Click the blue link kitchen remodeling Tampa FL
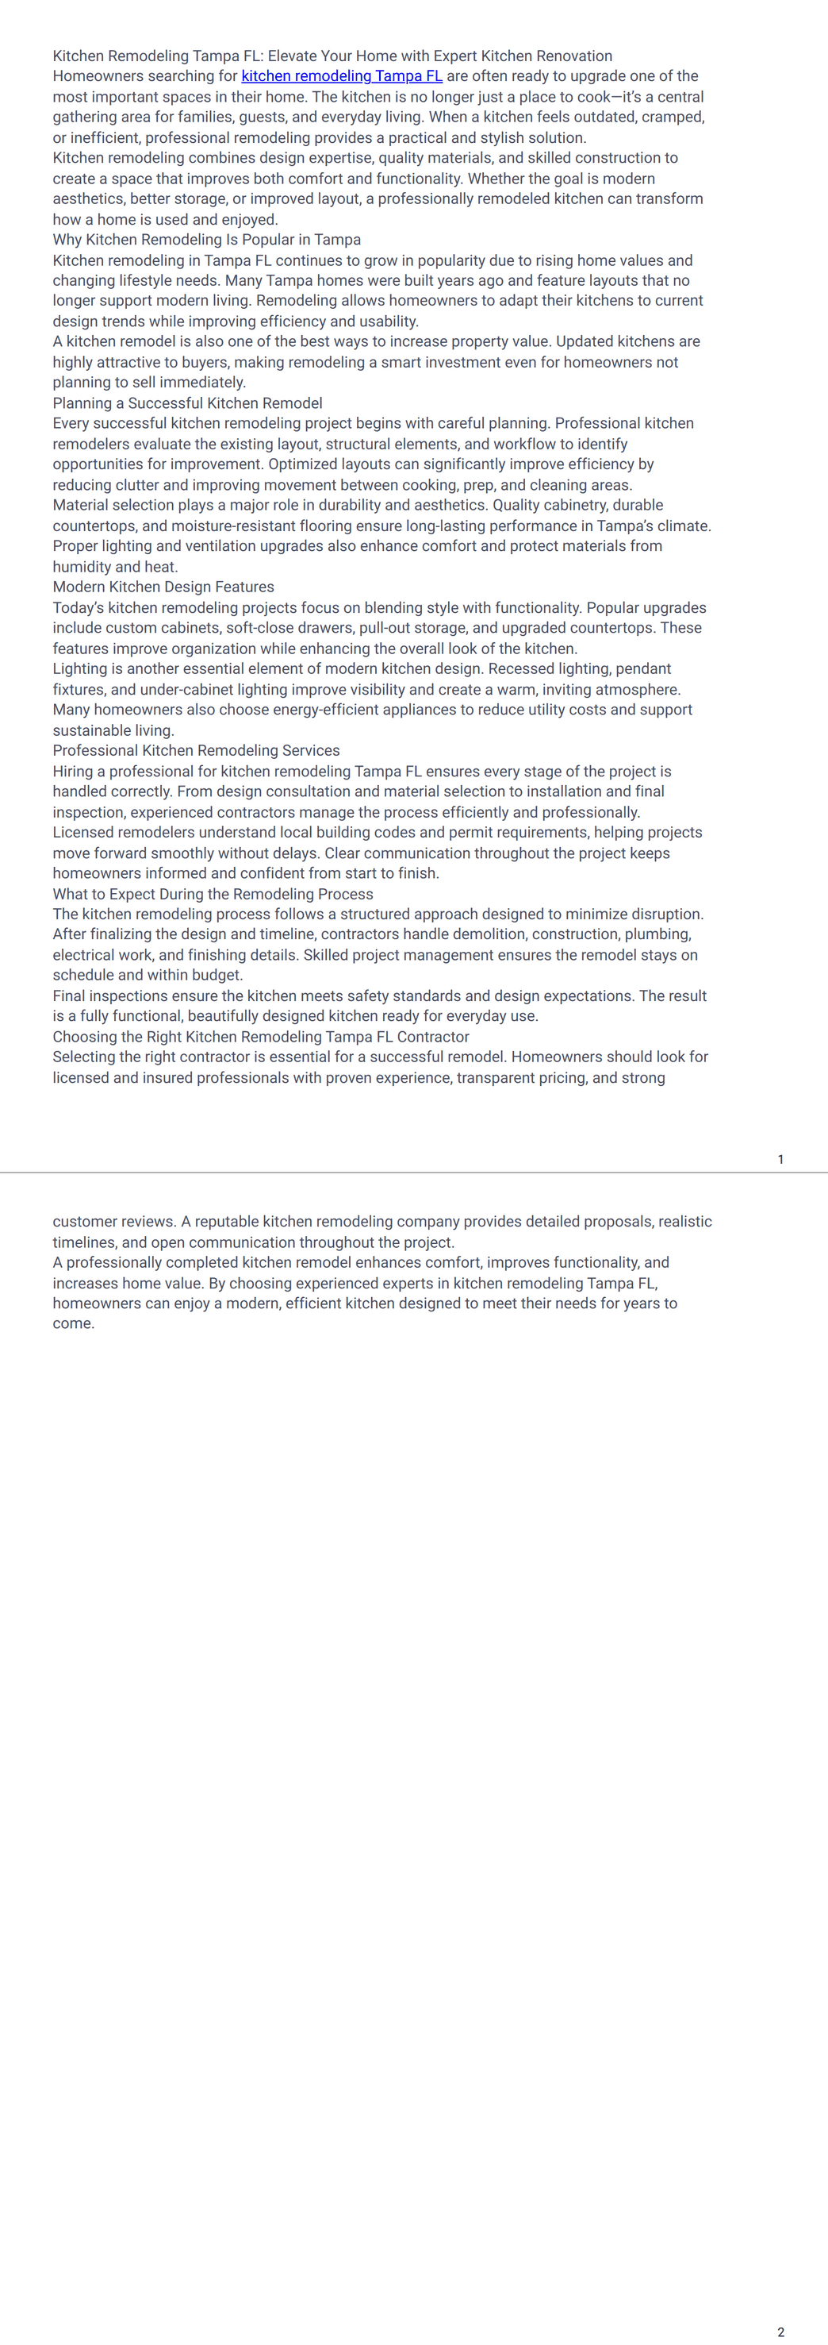pos(341,76)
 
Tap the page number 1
pos(780,1159)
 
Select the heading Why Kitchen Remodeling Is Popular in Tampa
pos(206,240)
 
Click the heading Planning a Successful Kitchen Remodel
pos(187,403)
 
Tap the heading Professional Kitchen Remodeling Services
pos(196,750)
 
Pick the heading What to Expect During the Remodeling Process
pos(213,894)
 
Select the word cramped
pos(675,117)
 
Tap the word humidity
pos(82,566)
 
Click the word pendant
pos(643,669)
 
